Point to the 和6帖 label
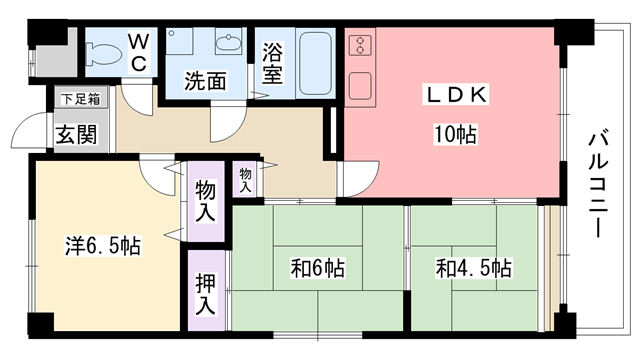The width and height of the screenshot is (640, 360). click(x=318, y=268)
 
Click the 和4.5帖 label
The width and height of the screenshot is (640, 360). click(x=473, y=268)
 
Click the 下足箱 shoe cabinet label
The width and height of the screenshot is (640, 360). click(x=80, y=99)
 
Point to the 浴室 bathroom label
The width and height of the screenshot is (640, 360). click(x=272, y=62)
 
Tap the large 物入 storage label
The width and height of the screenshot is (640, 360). click(x=205, y=201)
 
